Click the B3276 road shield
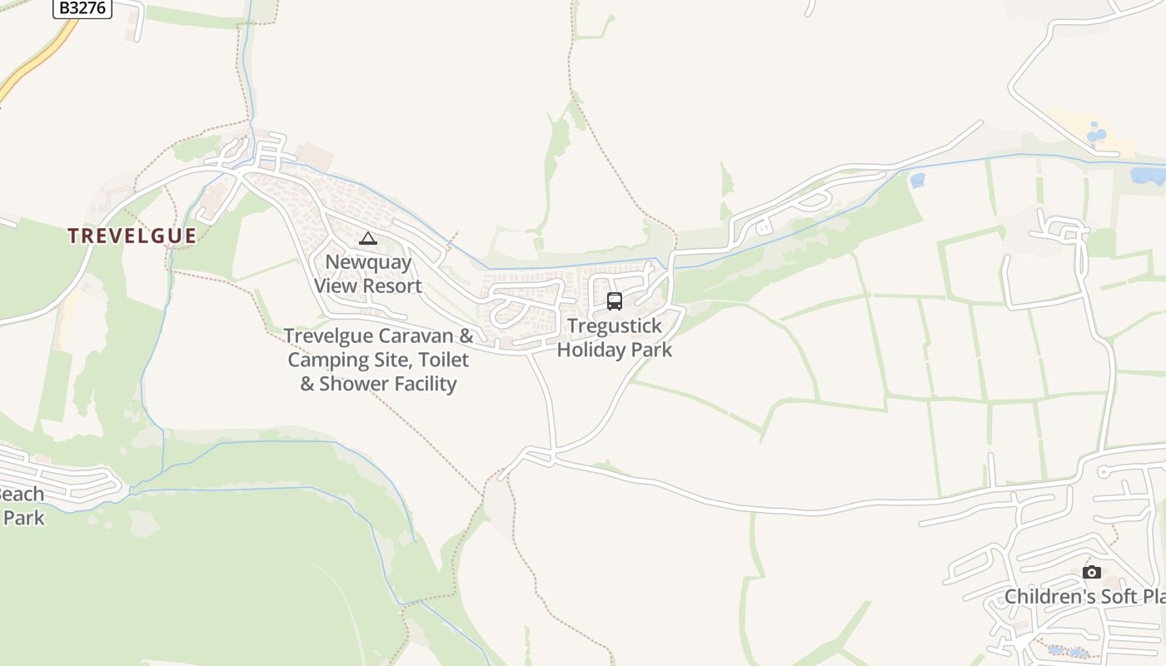click(82, 8)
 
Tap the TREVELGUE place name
click(132, 236)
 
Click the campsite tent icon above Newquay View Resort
click(367, 239)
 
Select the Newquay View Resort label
click(368, 274)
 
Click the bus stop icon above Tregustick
click(615, 301)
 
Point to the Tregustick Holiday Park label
click(615, 337)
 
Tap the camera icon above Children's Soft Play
click(1091, 572)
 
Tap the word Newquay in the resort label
click(368, 262)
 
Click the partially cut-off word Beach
click(20, 494)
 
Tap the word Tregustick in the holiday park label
click(615, 326)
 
